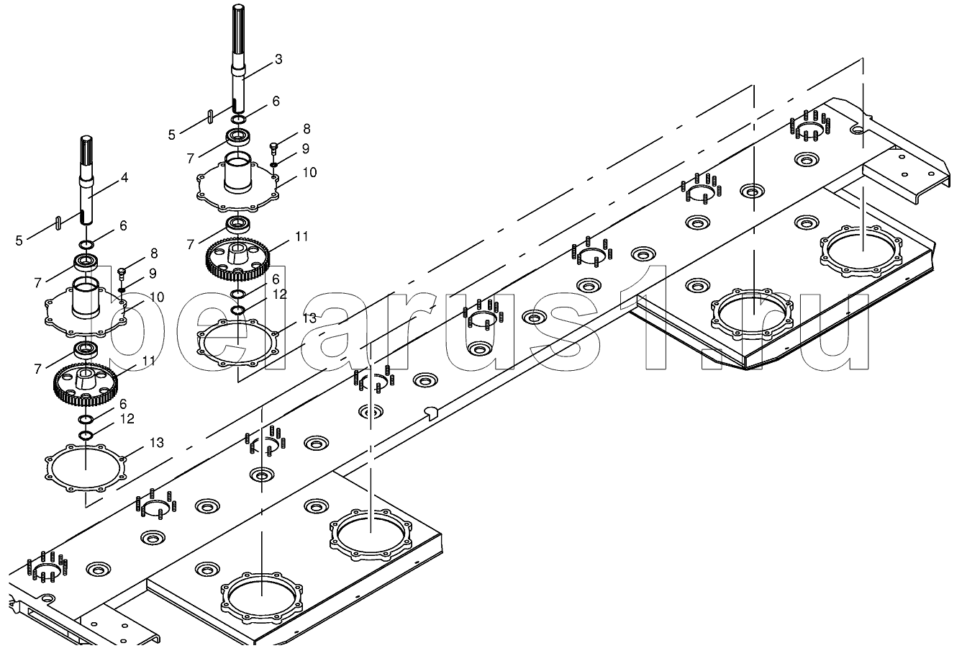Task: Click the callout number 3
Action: pyautogui.click(x=278, y=59)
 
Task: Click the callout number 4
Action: pyautogui.click(x=124, y=178)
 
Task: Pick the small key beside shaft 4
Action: pyautogui.click(x=58, y=224)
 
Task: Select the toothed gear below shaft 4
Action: pyautogui.click(x=86, y=385)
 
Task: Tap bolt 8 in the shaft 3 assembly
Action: pyautogui.click(x=273, y=148)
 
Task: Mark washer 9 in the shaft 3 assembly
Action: pyautogui.click(x=273, y=164)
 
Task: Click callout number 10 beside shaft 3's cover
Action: pyautogui.click(x=309, y=172)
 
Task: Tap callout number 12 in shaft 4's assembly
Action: pyautogui.click(x=127, y=418)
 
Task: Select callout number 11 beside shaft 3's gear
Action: pyautogui.click(x=301, y=236)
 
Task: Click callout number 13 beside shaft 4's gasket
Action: pyautogui.click(x=157, y=442)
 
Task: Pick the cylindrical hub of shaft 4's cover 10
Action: pyautogui.click(x=86, y=298)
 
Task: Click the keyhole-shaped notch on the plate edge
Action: pyautogui.click(x=431, y=413)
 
